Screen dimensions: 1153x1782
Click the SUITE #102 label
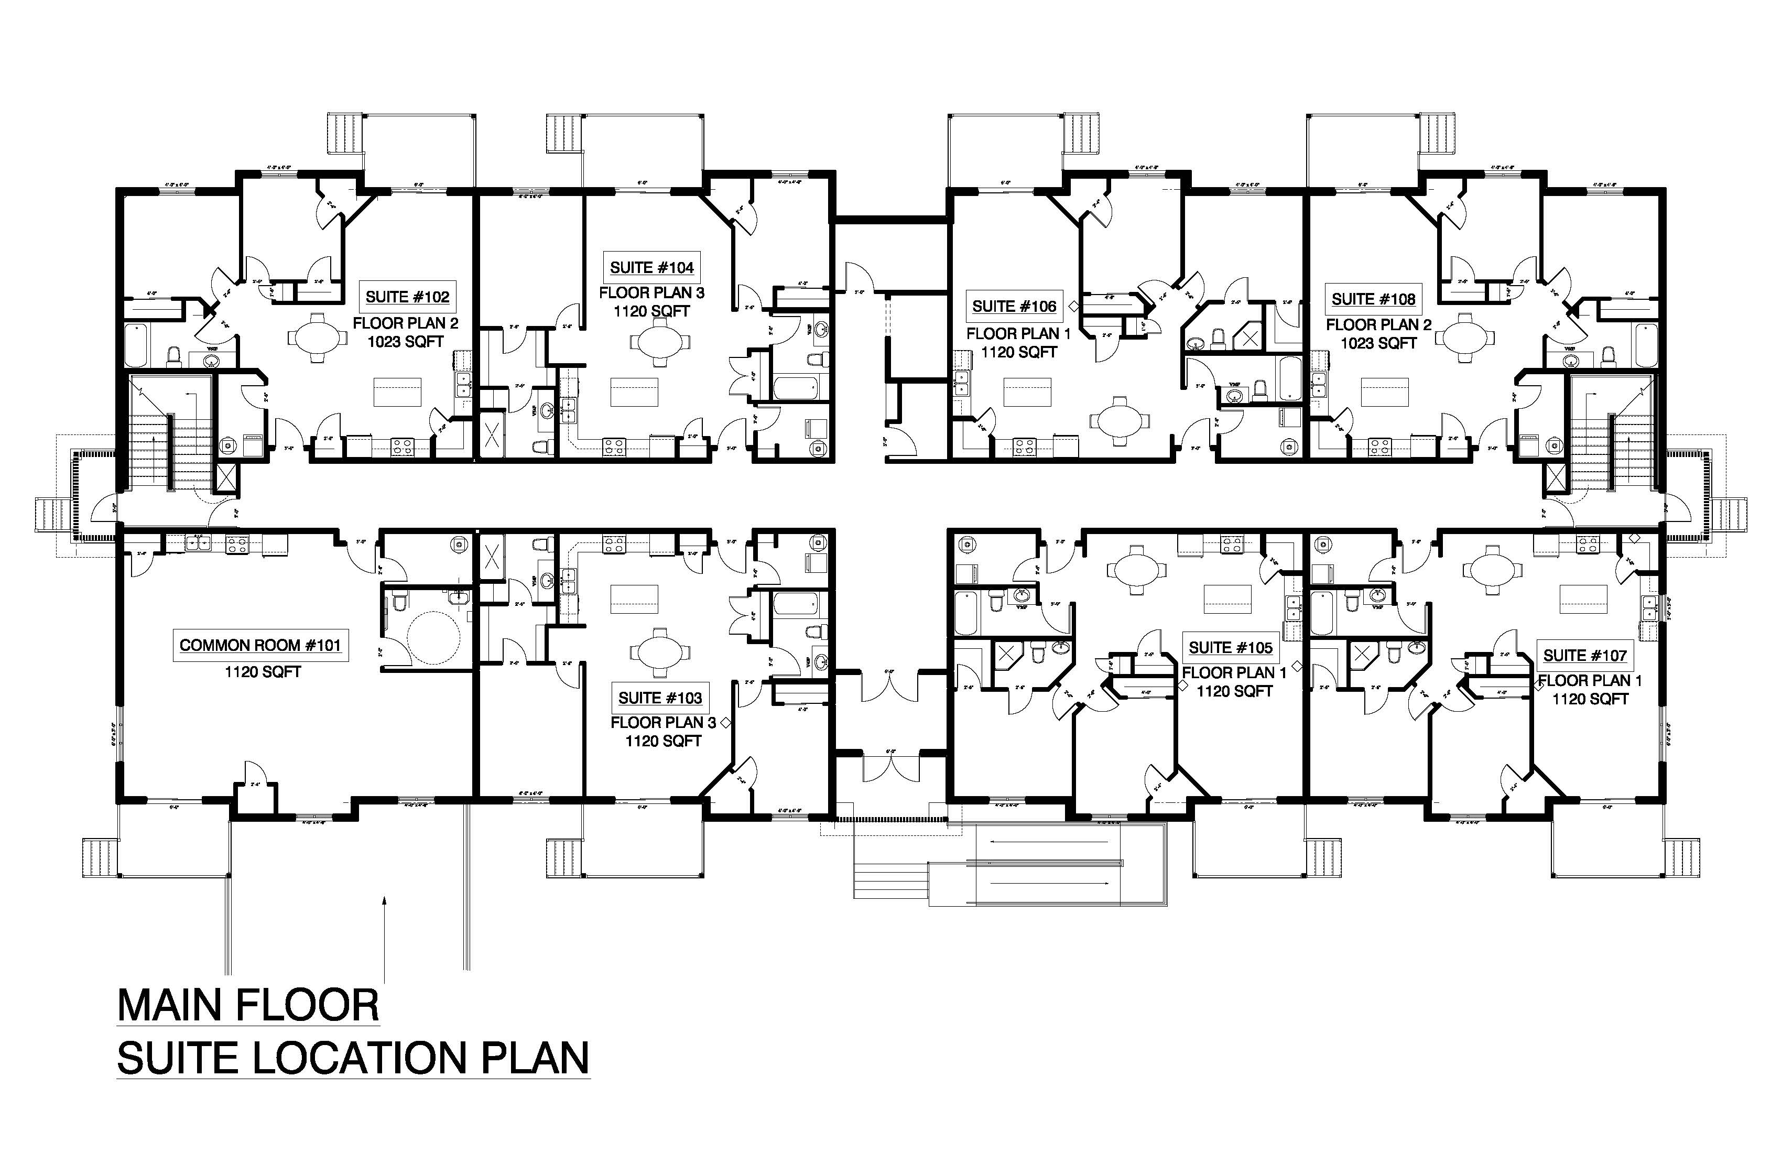[407, 297]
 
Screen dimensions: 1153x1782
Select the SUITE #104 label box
[651, 267]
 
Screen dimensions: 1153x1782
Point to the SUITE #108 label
[1373, 299]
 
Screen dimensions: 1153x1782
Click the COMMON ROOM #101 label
[260, 645]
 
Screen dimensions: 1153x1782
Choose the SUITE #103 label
[660, 698]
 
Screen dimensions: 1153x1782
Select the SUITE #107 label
[1584, 656]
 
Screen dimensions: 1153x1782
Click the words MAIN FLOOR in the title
[248, 1006]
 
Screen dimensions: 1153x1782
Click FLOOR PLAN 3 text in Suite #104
[651, 293]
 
